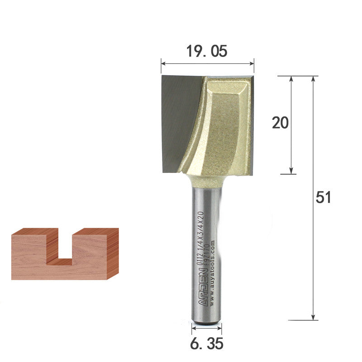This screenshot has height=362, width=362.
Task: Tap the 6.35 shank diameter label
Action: (x=206, y=344)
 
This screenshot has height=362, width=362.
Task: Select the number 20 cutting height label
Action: (x=280, y=123)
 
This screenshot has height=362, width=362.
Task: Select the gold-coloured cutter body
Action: (x=222, y=127)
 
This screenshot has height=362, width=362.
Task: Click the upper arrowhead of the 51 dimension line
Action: (x=313, y=79)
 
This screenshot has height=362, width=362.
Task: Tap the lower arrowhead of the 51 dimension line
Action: (x=313, y=317)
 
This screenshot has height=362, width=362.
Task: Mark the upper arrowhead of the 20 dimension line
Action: (x=291, y=79)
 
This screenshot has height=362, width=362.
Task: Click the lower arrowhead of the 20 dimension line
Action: (x=291, y=171)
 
